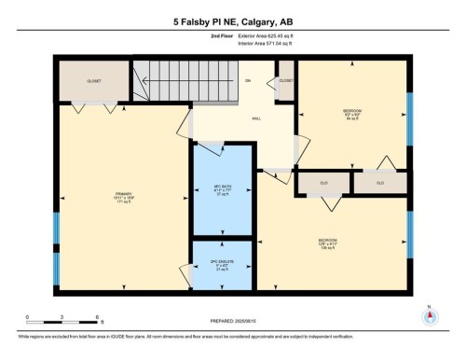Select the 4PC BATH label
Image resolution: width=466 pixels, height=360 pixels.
point(222,190)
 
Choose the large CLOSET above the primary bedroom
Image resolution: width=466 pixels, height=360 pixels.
point(93,81)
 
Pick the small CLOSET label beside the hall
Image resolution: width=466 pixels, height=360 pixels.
point(286,81)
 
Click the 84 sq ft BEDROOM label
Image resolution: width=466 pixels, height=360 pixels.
point(351,115)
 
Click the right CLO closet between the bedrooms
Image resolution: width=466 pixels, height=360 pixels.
point(380,183)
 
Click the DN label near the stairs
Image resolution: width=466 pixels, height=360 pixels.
point(248,81)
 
